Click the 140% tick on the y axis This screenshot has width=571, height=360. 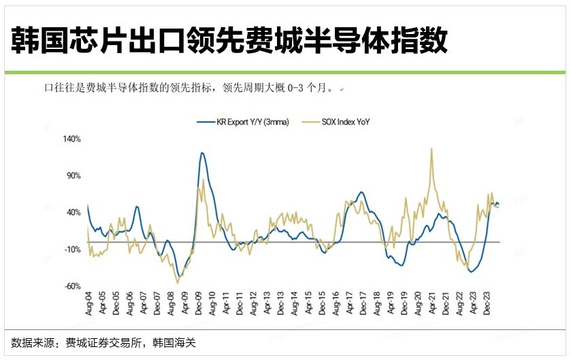coord(71,139)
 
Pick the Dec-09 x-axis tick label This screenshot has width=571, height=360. coord(198,305)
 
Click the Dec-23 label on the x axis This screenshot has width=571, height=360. coord(486,305)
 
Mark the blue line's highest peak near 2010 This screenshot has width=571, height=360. coord(202,152)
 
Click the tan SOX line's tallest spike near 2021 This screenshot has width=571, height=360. coord(431,148)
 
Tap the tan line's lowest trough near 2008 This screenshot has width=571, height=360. coord(178,282)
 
